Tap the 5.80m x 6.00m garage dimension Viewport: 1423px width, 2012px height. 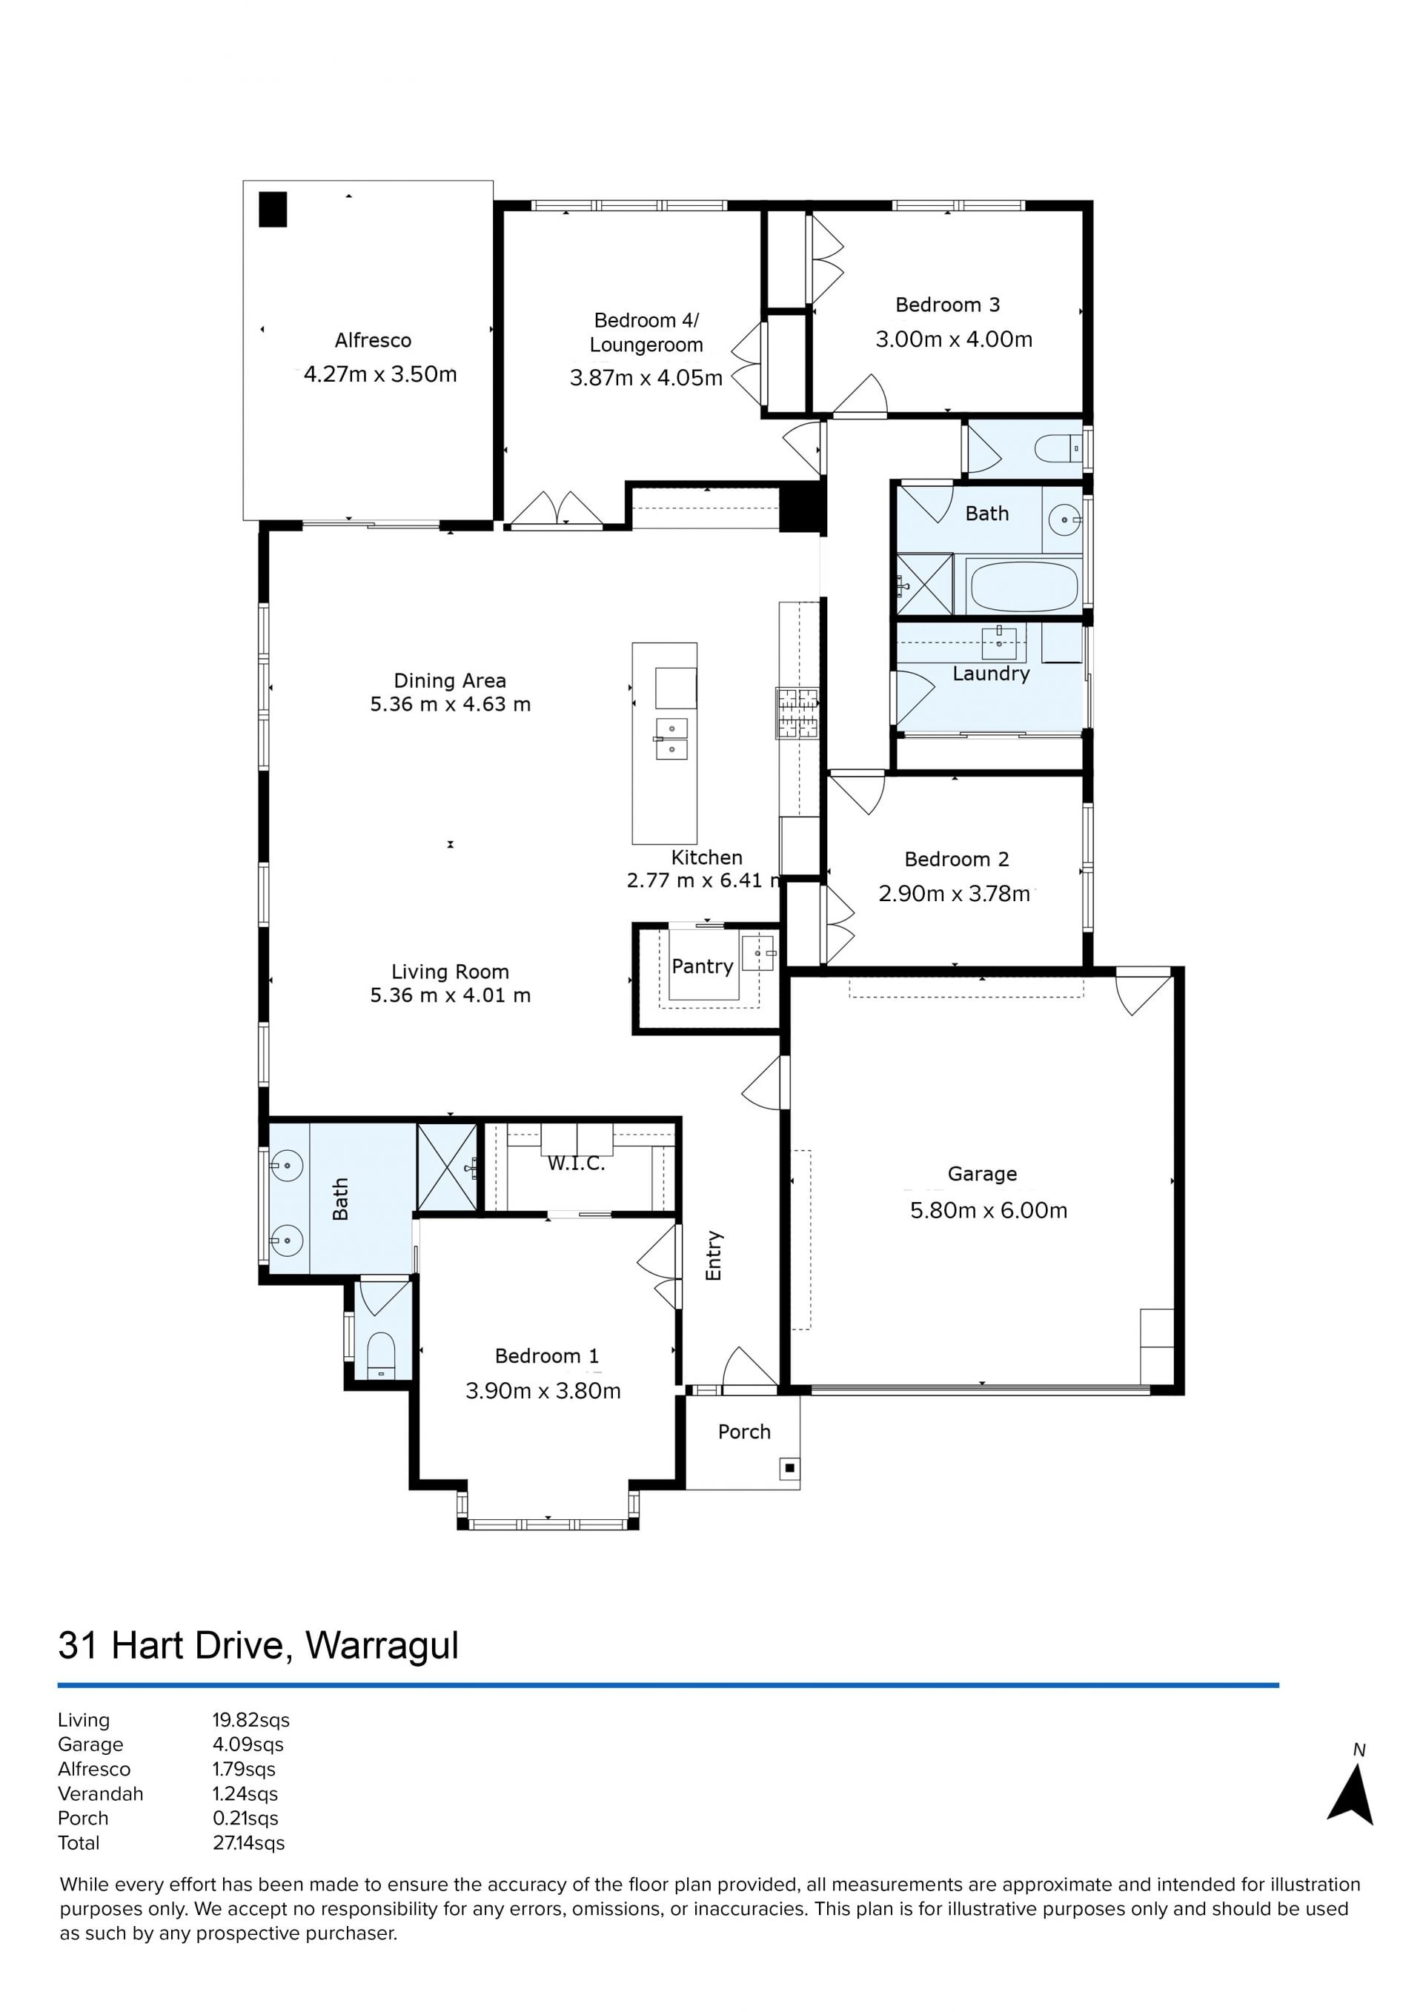pos(989,1210)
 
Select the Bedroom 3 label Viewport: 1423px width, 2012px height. pos(947,305)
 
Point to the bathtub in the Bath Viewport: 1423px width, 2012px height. pos(1024,586)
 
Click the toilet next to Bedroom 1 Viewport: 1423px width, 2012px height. pos(380,1355)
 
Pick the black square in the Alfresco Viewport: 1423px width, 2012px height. pos(273,210)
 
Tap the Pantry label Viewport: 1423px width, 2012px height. pos(702,966)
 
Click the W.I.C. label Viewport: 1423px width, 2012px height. pos(576,1163)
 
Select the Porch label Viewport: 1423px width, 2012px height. pos(744,1432)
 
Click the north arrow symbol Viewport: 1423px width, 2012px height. pos(1352,1796)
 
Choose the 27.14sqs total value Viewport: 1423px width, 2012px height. pos(249,1843)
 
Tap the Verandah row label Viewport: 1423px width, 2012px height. pos(101,1794)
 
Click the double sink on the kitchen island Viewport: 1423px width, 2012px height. pos(672,738)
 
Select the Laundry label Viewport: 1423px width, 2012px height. pos(991,674)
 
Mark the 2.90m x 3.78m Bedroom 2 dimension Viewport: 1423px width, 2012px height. pos(954,894)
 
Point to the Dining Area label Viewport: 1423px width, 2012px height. pos(450,681)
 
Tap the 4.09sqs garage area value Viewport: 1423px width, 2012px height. pos(248,1744)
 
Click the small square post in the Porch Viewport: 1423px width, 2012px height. pos(789,1468)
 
